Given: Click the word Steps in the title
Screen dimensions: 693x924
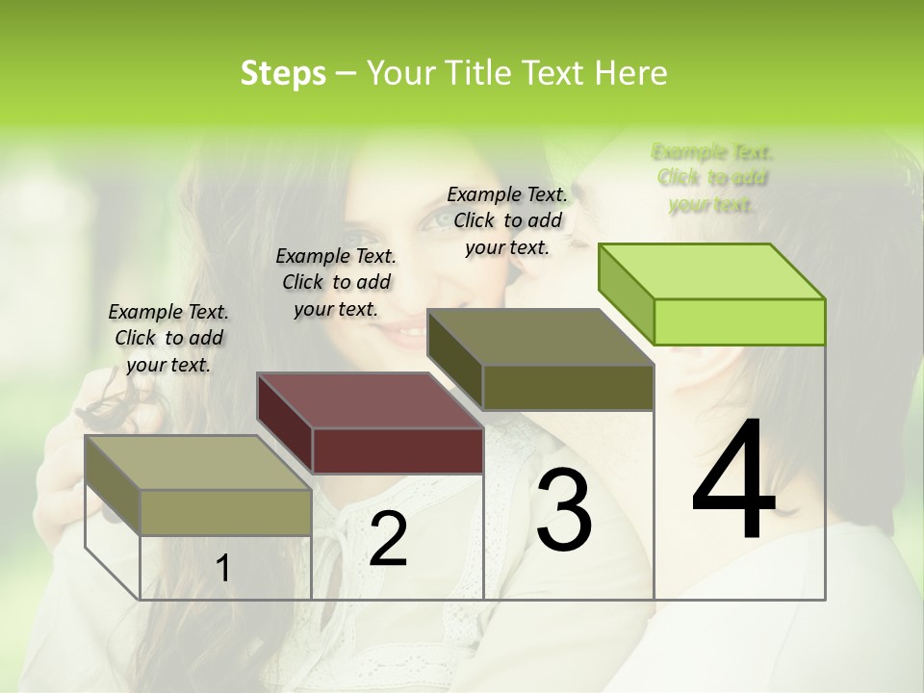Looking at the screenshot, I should (283, 73).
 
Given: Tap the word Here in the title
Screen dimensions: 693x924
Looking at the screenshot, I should (631, 73).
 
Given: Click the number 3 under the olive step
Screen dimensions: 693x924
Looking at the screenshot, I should (564, 510).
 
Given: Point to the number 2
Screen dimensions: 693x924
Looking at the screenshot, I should (388, 539).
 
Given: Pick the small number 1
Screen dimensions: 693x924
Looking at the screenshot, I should (223, 569).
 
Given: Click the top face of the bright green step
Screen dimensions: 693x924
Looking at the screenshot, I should (712, 271).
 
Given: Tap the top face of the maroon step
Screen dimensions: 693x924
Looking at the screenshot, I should (371, 400).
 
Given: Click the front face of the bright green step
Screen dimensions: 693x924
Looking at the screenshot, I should (739, 321).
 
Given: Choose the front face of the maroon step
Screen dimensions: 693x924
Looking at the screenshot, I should (398, 450).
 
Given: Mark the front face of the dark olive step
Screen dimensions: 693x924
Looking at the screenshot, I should (568, 387).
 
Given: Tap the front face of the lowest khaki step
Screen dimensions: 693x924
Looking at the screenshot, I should (226, 512).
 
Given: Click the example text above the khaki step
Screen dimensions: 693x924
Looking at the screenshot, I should (168, 338).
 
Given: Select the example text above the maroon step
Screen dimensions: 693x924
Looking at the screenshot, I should (336, 282).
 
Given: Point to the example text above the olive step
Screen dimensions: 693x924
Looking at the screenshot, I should (507, 220).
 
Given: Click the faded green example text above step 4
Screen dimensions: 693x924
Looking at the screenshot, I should (712, 178).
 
